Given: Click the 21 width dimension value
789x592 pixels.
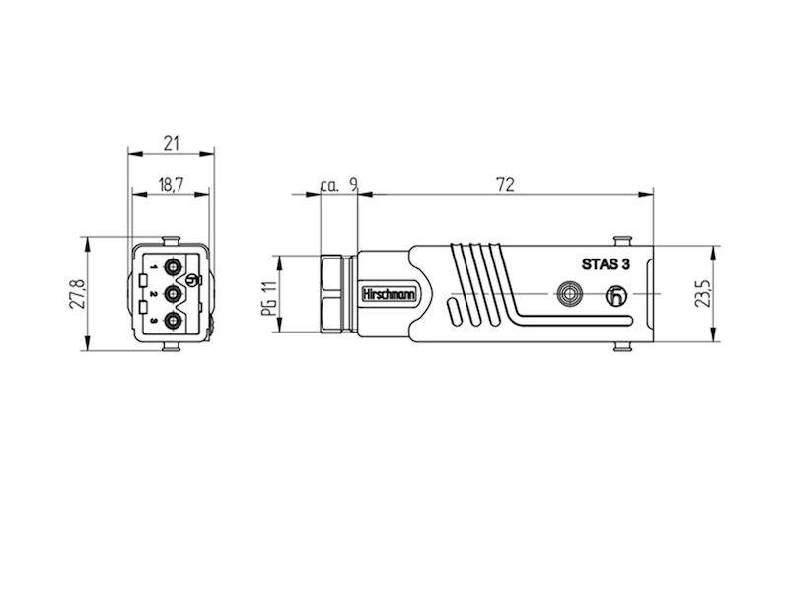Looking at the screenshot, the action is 172,143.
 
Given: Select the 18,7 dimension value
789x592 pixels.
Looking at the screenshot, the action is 171,185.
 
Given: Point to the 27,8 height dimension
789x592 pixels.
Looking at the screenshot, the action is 78,294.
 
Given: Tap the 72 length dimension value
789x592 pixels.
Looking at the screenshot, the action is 505,185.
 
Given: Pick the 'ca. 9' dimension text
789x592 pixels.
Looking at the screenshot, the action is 338,185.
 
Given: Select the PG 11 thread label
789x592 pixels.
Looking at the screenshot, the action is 269,298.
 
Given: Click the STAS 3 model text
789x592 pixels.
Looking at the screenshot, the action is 606,264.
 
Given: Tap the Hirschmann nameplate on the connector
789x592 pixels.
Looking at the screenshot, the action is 390,294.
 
